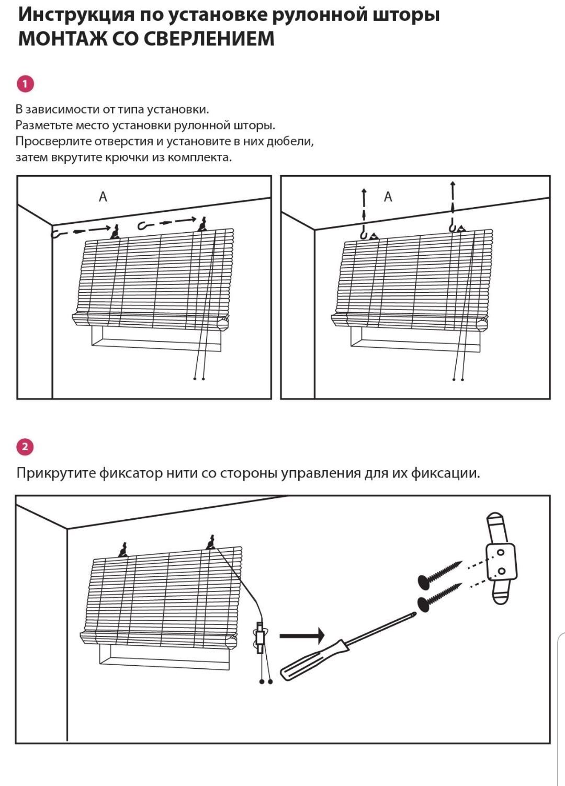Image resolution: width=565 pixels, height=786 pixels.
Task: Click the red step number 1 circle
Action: (x=25, y=84)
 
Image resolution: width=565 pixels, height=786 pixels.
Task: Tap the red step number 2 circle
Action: (x=25, y=447)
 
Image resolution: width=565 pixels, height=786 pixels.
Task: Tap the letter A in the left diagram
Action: (x=103, y=197)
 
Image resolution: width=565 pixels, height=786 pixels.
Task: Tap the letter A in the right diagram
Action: (x=388, y=197)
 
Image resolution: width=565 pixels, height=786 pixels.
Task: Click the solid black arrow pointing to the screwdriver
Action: (x=302, y=636)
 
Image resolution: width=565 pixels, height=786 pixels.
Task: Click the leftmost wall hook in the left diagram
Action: (x=58, y=234)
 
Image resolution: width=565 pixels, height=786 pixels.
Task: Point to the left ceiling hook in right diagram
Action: (x=365, y=234)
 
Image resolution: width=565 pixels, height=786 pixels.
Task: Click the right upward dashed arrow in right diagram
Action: (x=453, y=199)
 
